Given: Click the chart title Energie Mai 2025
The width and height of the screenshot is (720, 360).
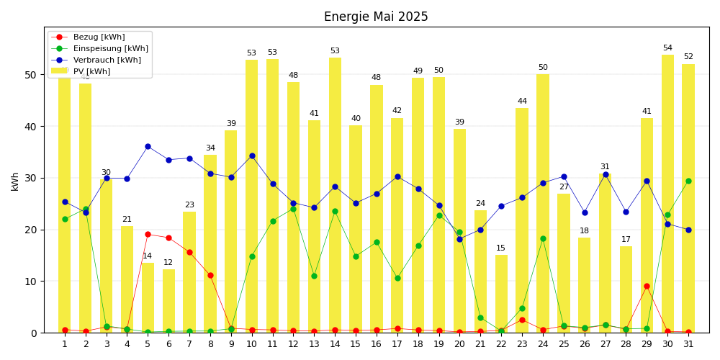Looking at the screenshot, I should (376, 17).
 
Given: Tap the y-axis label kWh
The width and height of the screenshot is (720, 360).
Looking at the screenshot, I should (15, 181).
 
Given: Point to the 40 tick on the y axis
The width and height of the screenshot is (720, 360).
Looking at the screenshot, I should (30, 126).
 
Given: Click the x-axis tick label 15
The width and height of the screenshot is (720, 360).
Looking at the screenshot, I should (356, 344).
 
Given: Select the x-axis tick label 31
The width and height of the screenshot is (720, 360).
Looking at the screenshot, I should (688, 344).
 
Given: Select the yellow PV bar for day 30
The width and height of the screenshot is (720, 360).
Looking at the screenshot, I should (667, 194).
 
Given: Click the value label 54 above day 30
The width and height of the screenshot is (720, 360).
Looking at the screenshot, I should (667, 48).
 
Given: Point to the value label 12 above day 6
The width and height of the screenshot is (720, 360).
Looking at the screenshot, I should (168, 263).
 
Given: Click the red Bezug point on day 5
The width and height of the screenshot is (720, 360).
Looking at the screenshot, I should (148, 234).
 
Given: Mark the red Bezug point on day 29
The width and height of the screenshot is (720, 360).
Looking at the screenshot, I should (647, 286).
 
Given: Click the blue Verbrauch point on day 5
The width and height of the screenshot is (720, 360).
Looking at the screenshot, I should (148, 146).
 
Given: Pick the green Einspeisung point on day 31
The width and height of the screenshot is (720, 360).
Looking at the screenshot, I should (688, 181).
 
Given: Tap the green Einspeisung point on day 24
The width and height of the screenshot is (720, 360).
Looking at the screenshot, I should (543, 238).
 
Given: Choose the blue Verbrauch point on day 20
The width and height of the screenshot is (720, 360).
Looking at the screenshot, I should (459, 239).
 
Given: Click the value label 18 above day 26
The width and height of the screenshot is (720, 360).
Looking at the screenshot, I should (585, 231).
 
